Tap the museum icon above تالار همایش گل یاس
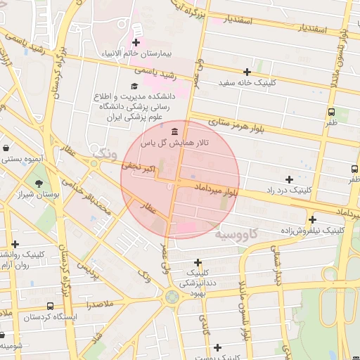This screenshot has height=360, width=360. tap(174, 131)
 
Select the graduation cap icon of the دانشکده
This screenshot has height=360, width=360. tap(134, 86)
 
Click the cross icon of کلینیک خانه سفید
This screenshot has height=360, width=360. tap(247, 72)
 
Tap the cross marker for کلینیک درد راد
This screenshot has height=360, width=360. tap(290, 179)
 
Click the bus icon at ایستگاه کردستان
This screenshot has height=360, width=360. tap(49, 307)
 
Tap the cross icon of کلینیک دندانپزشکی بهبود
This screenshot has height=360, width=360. tap(198, 262)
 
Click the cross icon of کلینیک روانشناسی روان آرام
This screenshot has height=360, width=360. tap(15, 244)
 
